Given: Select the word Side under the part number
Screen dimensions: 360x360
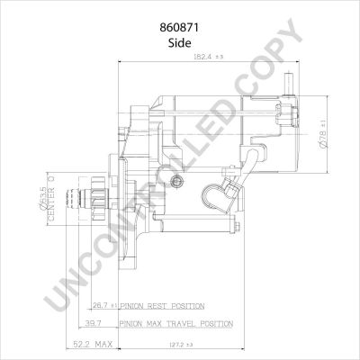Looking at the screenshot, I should coord(180,43).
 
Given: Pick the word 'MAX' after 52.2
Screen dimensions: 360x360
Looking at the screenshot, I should coord(104,343).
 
